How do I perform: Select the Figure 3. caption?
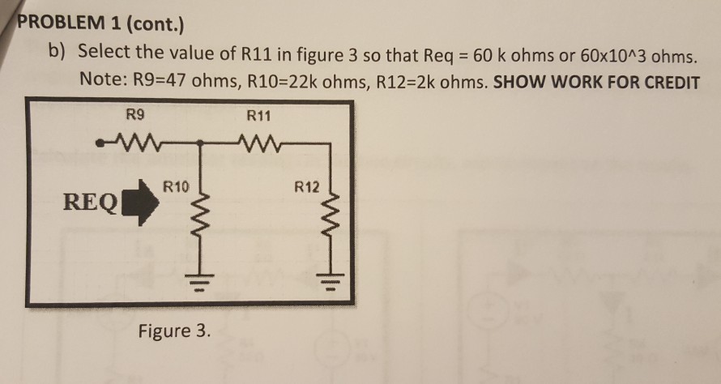(173, 331)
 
